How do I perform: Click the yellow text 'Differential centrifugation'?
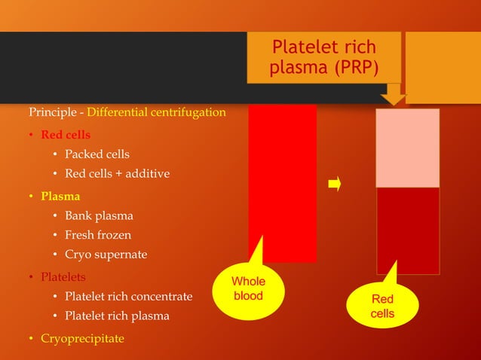[x=157, y=113]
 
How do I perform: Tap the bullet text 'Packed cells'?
[x=97, y=154]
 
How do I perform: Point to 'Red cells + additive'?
[x=117, y=174]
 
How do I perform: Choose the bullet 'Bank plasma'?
[x=99, y=215]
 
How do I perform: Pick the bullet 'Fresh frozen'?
[x=98, y=235]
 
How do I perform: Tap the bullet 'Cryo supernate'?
[x=106, y=255]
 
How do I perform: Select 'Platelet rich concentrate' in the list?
[x=128, y=296]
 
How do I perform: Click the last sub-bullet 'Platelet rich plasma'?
[x=117, y=316]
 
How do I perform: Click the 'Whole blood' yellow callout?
[x=248, y=289]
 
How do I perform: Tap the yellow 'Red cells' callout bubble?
[x=382, y=306]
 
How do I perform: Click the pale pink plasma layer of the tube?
[x=407, y=148]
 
